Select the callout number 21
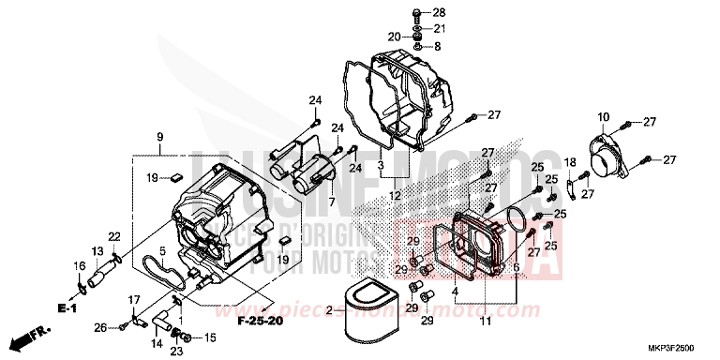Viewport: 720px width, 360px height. pos(440,29)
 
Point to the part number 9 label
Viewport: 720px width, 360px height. pos(160,137)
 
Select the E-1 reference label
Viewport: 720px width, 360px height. pos(66,307)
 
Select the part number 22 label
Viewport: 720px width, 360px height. pos(114,235)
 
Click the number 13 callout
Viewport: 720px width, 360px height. pos(97,250)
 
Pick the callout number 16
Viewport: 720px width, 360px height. pos(80,267)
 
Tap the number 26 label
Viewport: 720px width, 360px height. pos(100,327)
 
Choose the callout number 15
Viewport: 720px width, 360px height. pos(209,337)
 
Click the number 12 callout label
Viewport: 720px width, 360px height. pos(397,196)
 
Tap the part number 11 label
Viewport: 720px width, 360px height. pos(485,322)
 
